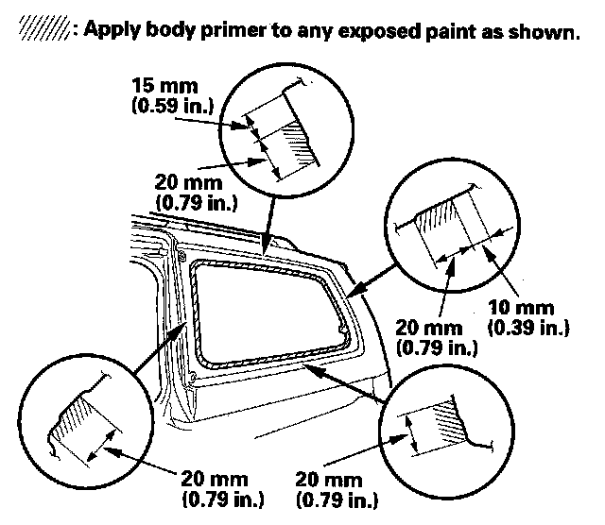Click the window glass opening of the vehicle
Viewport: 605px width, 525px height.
(x=265, y=307)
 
